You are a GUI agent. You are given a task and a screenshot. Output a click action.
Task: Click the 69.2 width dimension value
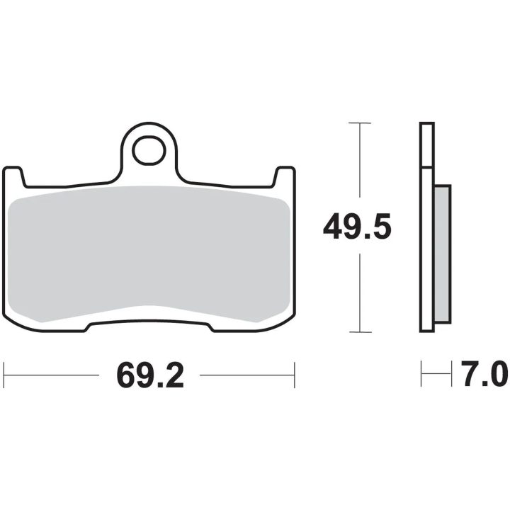pyautogui.click(x=150, y=375)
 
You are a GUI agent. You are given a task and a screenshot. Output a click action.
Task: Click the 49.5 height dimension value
pyautogui.click(x=357, y=226)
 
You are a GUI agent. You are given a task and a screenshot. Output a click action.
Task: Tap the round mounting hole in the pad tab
pyautogui.click(x=149, y=151)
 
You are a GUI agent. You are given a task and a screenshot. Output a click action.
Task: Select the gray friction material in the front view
pyautogui.click(x=149, y=254)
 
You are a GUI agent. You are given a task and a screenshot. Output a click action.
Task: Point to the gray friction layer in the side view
pyautogui.click(x=442, y=254)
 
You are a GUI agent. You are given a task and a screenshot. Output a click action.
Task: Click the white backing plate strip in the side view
pyautogui.click(x=427, y=227)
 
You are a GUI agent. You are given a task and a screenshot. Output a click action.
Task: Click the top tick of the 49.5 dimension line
pyautogui.click(x=359, y=123)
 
